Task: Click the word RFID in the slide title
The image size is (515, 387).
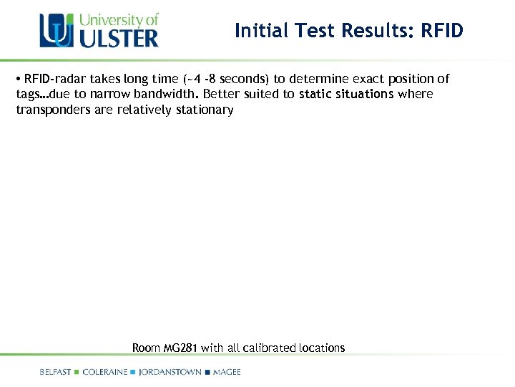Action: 442,31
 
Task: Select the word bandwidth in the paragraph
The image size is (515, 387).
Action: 170,94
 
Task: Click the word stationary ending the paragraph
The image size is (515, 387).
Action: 205,110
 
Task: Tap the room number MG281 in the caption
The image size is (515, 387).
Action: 181,348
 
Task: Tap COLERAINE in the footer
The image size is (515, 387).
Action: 105,372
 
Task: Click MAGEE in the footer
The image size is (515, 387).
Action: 227,372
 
